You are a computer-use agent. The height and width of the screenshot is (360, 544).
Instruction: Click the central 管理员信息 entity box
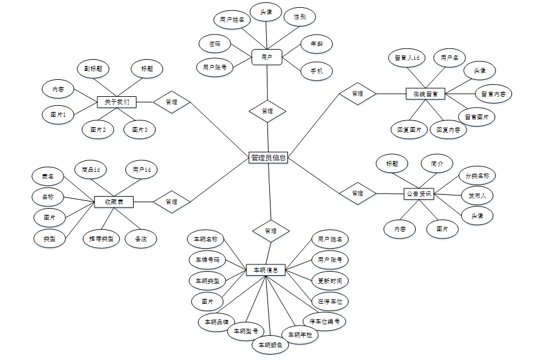[268, 158]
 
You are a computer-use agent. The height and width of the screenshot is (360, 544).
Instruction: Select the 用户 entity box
[267, 57]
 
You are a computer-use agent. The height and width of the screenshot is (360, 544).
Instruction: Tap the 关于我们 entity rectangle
[117, 102]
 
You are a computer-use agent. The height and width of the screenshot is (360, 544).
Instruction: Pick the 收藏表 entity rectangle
[114, 201]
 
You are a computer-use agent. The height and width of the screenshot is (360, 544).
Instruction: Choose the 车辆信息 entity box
[266, 270]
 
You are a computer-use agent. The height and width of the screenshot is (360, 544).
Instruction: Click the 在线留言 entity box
[425, 94]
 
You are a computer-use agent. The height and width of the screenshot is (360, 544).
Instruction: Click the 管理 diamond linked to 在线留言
[358, 94]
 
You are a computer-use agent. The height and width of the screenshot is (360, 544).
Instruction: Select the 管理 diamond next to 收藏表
[171, 201]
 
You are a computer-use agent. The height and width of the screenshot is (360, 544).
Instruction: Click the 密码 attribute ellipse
[215, 44]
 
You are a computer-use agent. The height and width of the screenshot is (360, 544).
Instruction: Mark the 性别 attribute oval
[300, 17]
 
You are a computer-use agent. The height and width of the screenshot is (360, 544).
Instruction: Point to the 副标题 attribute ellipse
[93, 68]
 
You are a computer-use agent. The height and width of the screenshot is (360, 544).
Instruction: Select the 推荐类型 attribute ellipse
[101, 239]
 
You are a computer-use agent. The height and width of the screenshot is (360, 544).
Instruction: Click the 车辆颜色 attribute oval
[270, 345]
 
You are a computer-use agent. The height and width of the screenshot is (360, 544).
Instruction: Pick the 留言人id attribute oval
[407, 58]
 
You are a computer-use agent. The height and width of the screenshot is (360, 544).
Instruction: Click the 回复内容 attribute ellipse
[448, 129]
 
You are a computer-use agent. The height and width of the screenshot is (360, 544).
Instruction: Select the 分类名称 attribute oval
[477, 176]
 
